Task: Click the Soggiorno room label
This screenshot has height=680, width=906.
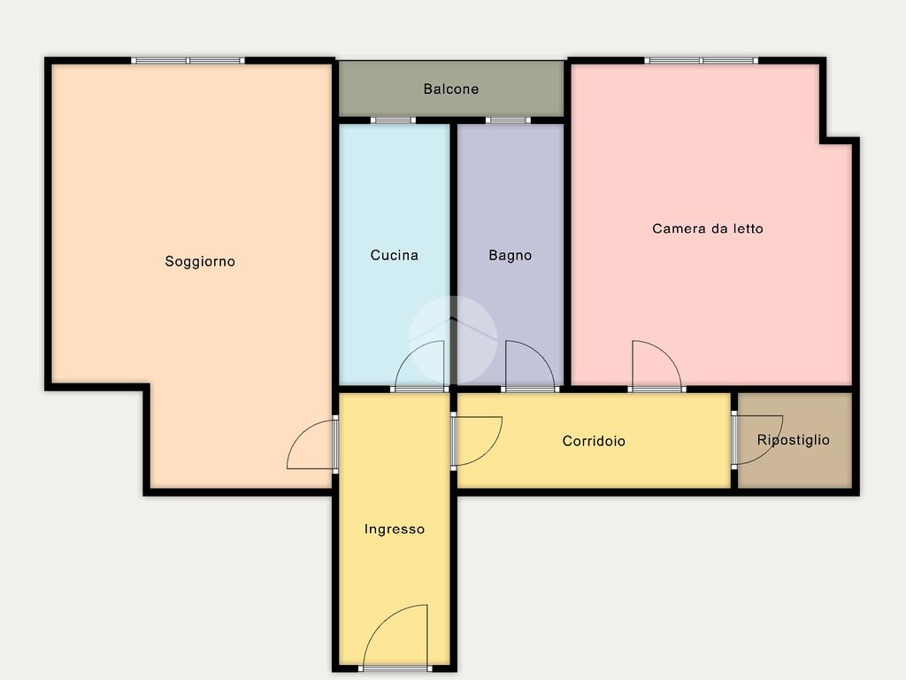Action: click(200, 262)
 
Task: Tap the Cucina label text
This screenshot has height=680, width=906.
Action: click(394, 255)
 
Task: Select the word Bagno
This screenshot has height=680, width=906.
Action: click(511, 256)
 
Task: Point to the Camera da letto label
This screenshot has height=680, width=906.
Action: click(708, 228)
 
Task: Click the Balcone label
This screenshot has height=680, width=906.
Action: click(450, 89)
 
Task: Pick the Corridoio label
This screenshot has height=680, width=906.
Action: click(594, 441)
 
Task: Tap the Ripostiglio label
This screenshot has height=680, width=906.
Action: click(794, 440)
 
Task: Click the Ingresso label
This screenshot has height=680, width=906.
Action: click(394, 529)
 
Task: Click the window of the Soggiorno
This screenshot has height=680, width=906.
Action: click(188, 60)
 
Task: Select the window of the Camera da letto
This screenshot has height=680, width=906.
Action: click(702, 60)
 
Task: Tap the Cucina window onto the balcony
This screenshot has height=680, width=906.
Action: click(393, 120)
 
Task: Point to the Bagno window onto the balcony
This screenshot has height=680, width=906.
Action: click(508, 120)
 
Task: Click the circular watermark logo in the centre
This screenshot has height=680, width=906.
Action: click(453, 340)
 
